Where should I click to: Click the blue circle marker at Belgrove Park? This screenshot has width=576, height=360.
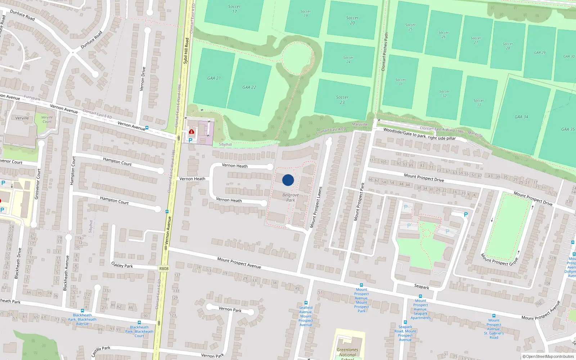pyautogui.click(x=288, y=180)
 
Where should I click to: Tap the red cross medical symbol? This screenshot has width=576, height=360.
pyautogui.click(x=192, y=132)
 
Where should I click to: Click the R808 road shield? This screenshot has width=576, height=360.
pyautogui.click(x=164, y=269)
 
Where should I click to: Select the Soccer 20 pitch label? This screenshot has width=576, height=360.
pyautogui.click(x=352, y=20)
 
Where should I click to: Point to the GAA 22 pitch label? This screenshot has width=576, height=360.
pyautogui.click(x=249, y=87)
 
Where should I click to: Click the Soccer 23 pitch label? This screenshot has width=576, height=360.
pyautogui.click(x=342, y=100)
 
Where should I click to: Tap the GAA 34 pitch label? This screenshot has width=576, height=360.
pyautogui.click(x=521, y=117)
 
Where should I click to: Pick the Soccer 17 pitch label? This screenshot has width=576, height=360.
pyautogui.click(x=234, y=9)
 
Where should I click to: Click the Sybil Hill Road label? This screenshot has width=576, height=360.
pyautogui.click(x=186, y=51)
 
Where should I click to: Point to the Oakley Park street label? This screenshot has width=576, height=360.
pyautogui.click(x=122, y=265)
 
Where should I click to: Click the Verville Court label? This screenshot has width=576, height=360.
pyautogui.click(x=47, y=119)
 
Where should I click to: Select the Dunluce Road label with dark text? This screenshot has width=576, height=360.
pyautogui.click(x=22, y=15)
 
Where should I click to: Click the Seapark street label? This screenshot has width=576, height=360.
pyautogui.click(x=422, y=287)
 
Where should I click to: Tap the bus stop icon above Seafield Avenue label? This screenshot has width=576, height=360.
pyautogui.click(x=306, y=303)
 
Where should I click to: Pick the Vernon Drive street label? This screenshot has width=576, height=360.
pyautogui.click(x=143, y=78)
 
